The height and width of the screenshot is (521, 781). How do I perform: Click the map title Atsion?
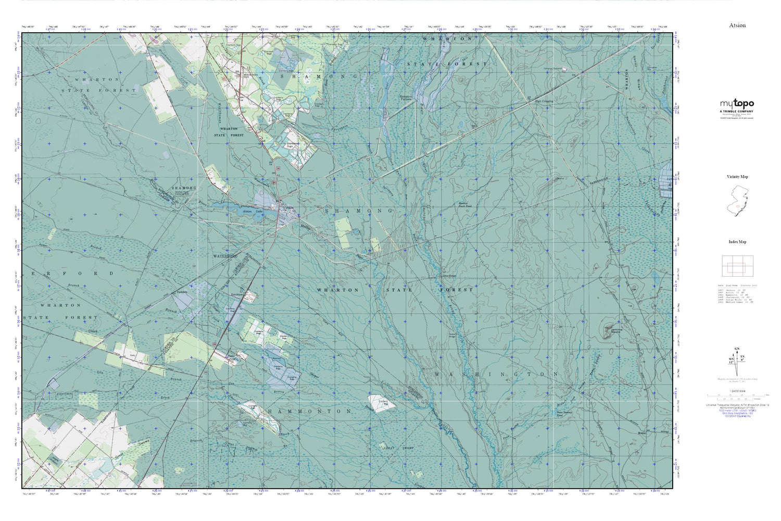[x=737, y=25]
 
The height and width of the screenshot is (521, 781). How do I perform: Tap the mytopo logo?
[x=737, y=104]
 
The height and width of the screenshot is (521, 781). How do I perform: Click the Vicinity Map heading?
[x=737, y=177]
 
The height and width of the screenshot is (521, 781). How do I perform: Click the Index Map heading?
[x=737, y=242]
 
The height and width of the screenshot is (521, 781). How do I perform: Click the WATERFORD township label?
[x=225, y=256]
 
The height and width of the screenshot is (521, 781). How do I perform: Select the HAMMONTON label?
[x=310, y=411]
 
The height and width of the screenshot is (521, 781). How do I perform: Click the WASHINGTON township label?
[x=496, y=374]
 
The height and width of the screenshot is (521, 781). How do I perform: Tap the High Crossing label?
[x=544, y=101]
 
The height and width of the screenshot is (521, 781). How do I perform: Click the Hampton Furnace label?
[x=406, y=97]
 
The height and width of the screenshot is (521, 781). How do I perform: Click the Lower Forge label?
[x=449, y=276]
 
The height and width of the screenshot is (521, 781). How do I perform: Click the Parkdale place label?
[x=182, y=292]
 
